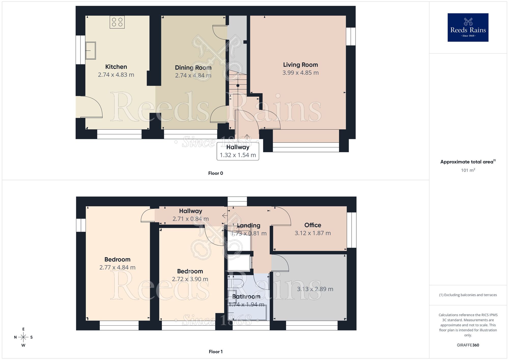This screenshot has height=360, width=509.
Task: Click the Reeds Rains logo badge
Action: [468, 27]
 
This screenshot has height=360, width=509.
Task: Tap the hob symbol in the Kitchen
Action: [117, 22]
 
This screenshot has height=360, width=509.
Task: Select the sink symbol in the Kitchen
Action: [90, 51]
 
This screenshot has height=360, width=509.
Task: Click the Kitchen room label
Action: [116, 67]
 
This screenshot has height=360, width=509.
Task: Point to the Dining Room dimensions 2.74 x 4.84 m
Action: [193, 75]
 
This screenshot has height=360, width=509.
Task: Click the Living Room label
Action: [300, 65]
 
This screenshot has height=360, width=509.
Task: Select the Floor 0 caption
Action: [216, 173]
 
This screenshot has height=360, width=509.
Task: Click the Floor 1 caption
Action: [216, 352]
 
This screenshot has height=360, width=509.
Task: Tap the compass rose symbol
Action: [23, 337]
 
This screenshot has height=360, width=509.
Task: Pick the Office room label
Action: [313, 225]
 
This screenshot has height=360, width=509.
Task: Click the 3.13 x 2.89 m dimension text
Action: [315, 289]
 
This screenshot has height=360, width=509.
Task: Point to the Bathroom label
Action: [246, 297]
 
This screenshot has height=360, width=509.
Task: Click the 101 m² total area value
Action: [468, 170]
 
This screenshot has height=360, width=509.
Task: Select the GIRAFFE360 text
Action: [468, 345]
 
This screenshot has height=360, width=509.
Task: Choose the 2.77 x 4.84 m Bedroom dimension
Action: [117, 267]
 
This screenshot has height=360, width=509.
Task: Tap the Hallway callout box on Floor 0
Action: [238, 151]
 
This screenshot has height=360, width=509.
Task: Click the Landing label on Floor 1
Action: [248, 225]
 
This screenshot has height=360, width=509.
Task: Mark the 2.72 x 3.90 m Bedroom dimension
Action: [190, 279]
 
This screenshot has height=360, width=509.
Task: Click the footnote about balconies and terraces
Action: [468, 295]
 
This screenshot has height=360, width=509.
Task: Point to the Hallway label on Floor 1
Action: [190, 211]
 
